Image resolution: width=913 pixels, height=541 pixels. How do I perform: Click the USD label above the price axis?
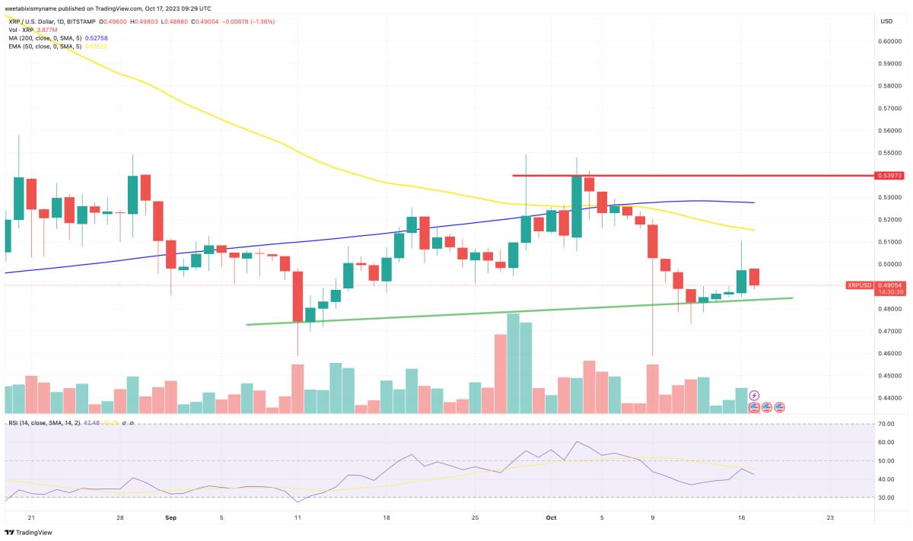coord(886,21)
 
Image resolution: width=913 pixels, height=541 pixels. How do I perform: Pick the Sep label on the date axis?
coord(170,517)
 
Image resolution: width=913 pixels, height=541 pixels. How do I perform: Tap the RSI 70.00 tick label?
coord(886,424)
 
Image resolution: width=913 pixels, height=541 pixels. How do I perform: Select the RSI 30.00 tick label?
coord(886,498)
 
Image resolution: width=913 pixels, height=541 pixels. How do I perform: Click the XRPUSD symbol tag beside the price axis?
coord(859,285)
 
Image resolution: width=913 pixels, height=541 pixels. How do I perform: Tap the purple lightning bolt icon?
coord(754,396)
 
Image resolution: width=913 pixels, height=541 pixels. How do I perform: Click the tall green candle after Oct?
coord(576,206)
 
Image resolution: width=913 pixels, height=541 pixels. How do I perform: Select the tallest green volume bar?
coord(513,363)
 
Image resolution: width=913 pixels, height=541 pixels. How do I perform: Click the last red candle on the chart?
coord(754,277)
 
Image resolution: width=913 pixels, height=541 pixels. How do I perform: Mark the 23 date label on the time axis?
coord(829,517)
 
